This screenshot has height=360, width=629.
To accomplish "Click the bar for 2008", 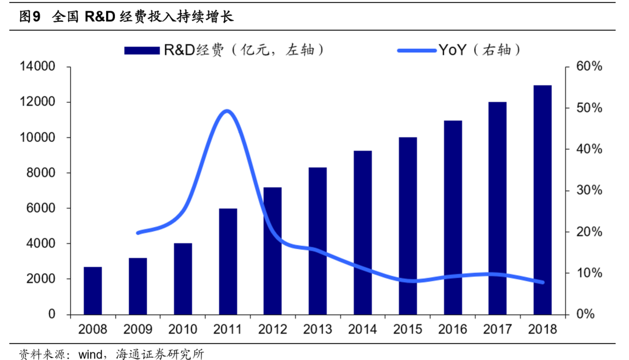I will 93,291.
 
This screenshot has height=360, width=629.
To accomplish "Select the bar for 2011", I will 228,262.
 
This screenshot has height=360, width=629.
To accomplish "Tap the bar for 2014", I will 363,233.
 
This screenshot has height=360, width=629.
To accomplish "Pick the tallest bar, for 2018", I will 543,200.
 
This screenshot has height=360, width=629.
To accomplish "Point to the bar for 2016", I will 453,218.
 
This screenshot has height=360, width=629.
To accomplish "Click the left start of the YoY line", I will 138,233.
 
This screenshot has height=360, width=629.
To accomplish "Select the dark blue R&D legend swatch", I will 142,51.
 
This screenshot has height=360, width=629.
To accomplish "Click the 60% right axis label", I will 589,67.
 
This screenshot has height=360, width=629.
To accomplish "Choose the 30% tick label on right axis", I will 589,191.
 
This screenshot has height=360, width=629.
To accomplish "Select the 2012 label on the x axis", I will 273,329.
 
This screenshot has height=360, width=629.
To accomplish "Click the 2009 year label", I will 138,329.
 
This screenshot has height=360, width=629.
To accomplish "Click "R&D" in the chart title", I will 100,17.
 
